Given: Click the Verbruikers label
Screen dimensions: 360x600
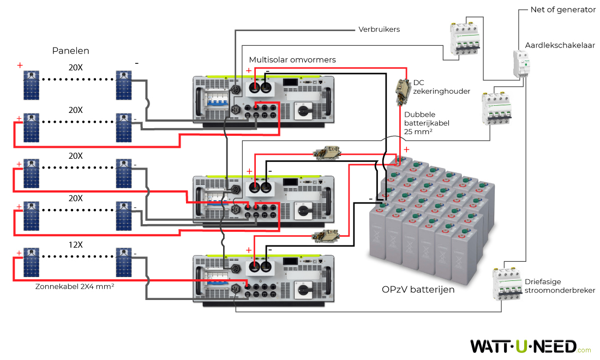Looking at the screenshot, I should point(379,29).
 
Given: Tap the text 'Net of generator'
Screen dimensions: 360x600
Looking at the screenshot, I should point(563,10).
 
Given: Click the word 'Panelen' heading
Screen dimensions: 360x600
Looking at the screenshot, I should point(70,51).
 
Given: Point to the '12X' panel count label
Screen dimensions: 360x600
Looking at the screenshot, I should point(75,244).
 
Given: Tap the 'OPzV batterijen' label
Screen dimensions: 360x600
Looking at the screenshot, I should point(418,290).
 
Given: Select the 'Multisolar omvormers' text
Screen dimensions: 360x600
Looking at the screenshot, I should point(292,59).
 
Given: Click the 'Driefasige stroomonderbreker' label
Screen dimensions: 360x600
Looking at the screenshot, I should point(560,286).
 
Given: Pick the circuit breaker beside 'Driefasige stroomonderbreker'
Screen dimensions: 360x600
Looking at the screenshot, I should point(507,284).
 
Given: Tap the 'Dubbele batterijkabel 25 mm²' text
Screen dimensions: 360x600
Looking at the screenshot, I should point(427,123).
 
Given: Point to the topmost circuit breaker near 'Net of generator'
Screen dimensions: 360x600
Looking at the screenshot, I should point(464,39).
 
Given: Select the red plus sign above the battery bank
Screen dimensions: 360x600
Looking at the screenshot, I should point(406,149).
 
